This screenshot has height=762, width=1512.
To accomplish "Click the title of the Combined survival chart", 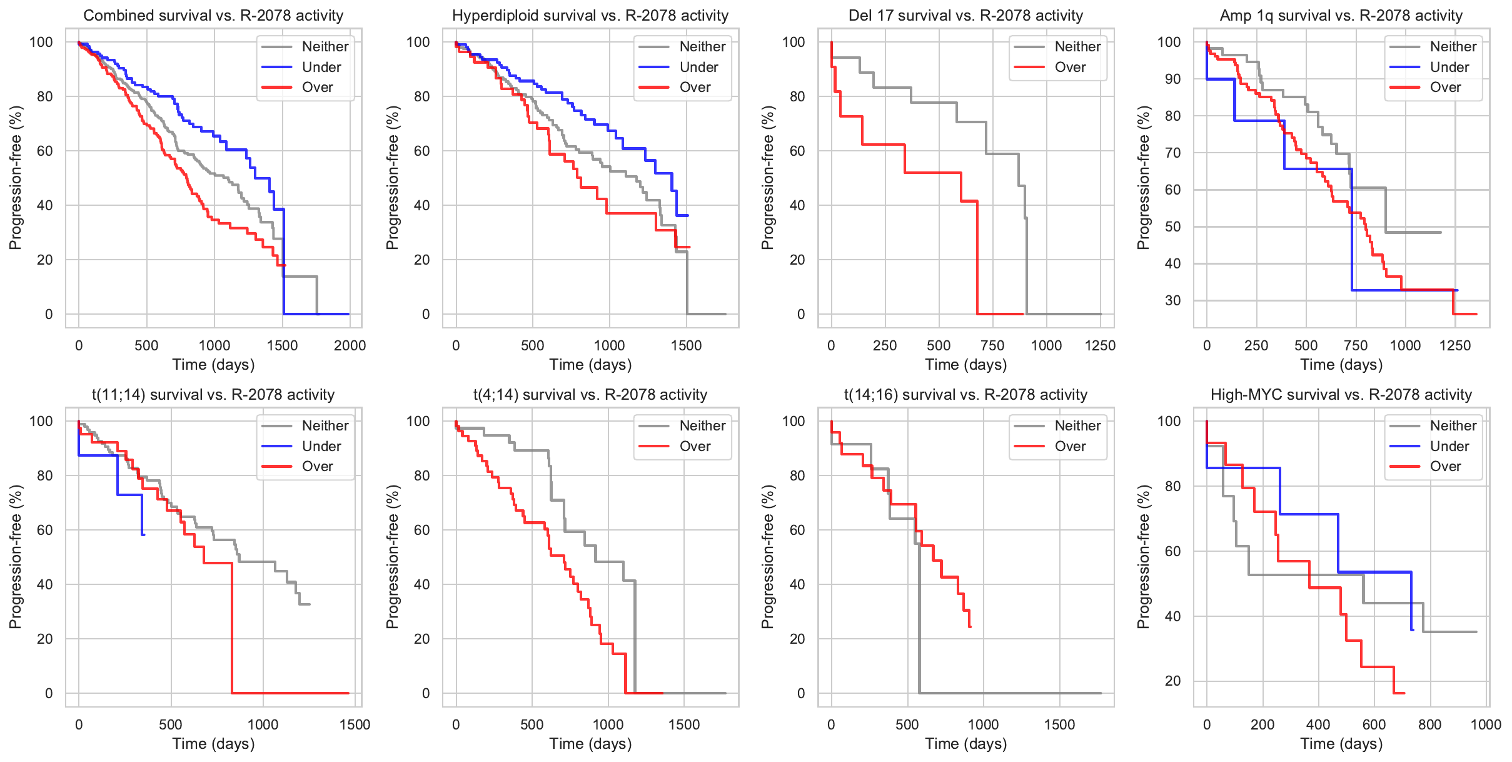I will click(213, 16).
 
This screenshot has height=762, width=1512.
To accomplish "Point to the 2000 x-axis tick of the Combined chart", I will click(350, 345).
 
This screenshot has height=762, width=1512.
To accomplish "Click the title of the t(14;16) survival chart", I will click(965, 395).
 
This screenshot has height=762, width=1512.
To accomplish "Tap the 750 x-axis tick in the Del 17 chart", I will click(992, 345).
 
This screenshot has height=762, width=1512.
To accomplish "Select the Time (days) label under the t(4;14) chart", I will click(590, 743).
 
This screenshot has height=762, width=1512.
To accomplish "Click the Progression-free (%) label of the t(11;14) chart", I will click(16, 557).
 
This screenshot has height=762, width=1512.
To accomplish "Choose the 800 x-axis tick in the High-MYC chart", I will click(1429, 724).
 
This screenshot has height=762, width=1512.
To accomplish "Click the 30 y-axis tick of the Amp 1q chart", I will click(1172, 300).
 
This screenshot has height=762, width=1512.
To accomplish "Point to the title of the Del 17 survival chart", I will click(965, 16).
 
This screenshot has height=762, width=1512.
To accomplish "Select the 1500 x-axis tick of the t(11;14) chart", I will click(355, 724).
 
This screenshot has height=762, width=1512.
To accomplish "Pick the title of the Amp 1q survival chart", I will click(1341, 16).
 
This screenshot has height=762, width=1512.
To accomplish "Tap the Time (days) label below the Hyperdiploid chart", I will click(590, 364).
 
